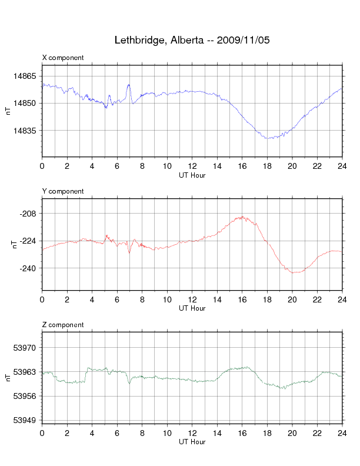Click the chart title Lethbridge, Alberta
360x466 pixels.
coord(192,41)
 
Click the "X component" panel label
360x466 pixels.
coord(63,58)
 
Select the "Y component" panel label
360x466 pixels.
coord(63,191)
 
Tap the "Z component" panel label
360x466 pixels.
coord(63,325)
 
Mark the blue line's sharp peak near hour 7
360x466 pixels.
coord(129,85)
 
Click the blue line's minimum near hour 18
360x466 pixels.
coord(268,138)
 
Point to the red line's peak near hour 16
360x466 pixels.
coord(241,217)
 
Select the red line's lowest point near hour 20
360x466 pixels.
coord(294,272)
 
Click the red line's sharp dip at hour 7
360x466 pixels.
coord(129,252)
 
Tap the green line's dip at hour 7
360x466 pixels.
coord(129,382)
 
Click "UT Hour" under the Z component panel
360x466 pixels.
coord(192,442)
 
